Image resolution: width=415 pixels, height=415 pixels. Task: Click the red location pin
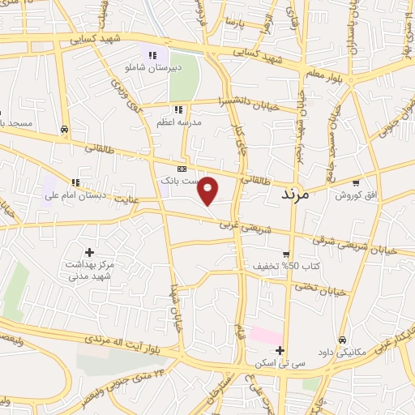[208, 190]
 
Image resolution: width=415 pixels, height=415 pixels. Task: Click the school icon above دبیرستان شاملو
[152, 54]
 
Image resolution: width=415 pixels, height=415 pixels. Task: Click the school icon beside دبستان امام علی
[75, 183]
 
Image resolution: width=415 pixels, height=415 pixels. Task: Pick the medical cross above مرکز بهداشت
[90, 253]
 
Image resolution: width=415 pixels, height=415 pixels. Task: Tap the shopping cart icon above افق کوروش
[355, 183]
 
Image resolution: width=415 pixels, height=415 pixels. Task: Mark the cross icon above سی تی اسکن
[280, 351]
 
